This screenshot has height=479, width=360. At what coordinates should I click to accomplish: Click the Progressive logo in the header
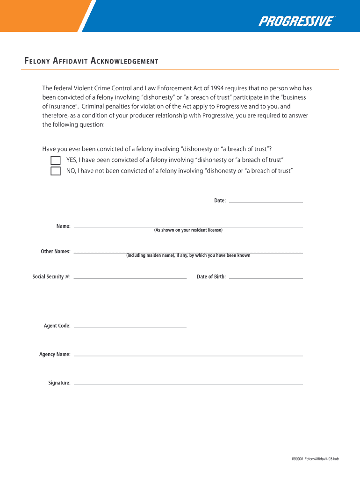click(x=296, y=21)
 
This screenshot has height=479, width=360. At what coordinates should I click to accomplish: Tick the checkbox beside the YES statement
click(x=56, y=160)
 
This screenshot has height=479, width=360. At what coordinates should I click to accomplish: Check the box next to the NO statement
click(x=56, y=171)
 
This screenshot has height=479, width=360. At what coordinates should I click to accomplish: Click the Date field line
click(x=266, y=202)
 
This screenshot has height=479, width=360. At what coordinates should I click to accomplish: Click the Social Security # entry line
click(x=130, y=278)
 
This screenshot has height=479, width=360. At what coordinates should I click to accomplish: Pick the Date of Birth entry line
click(x=266, y=278)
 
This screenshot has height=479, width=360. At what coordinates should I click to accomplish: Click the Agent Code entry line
click(x=130, y=327)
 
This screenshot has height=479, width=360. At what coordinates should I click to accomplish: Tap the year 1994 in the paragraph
click(x=216, y=88)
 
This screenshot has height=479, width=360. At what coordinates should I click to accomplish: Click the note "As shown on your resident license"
click(x=188, y=231)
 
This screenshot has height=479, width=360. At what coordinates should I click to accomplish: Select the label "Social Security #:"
click(x=51, y=277)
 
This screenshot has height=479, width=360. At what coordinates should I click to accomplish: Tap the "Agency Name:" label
click(x=55, y=355)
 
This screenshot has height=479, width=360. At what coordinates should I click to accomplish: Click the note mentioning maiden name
click(x=188, y=256)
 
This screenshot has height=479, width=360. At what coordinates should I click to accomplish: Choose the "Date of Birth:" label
click(x=211, y=277)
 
